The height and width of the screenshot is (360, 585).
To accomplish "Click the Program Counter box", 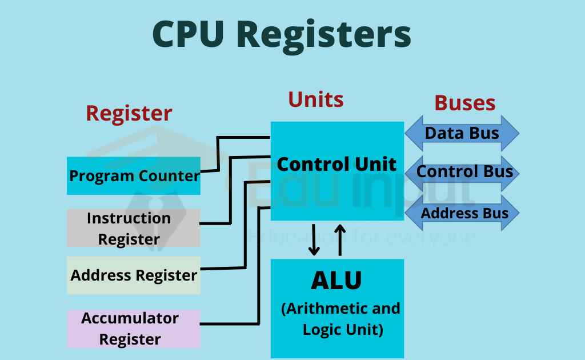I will (134, 175).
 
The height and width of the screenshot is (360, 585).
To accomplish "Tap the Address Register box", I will (134, 275).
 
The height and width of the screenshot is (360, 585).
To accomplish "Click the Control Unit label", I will (336, 165).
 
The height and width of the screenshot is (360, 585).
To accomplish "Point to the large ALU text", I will (336, 281).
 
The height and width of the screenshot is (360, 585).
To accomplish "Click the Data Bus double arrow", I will (462, 134).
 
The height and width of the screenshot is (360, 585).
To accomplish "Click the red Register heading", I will (129, 113).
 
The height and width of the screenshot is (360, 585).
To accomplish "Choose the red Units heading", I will (315, 99).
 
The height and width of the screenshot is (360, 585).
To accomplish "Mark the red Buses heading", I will (464, 103).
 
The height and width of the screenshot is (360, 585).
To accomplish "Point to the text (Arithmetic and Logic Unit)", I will (341, 319).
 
